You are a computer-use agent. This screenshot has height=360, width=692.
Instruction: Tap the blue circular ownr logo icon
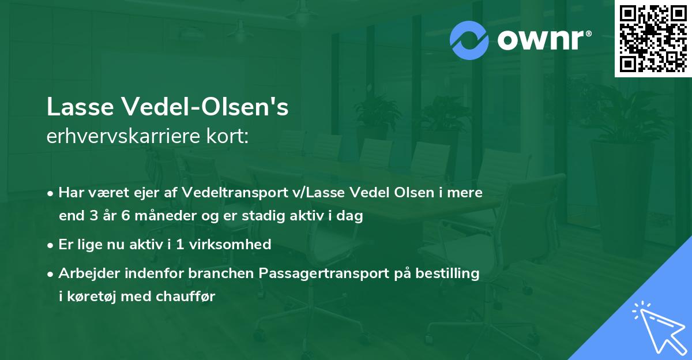point(469,40)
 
